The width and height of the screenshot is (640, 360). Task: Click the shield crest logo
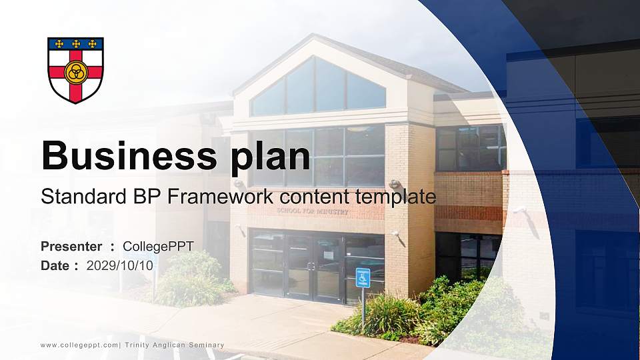(x=75, y=69)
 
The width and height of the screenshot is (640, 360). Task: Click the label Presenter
(x=71, y=247)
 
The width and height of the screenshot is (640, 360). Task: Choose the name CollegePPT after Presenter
(x=158, y=247)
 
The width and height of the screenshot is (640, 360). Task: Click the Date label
(x=55, y=265)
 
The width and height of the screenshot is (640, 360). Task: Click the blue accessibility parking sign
(x=363, y=277)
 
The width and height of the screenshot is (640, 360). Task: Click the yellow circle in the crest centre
(x=75, y=71)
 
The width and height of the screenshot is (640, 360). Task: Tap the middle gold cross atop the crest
(x=75, y=44)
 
